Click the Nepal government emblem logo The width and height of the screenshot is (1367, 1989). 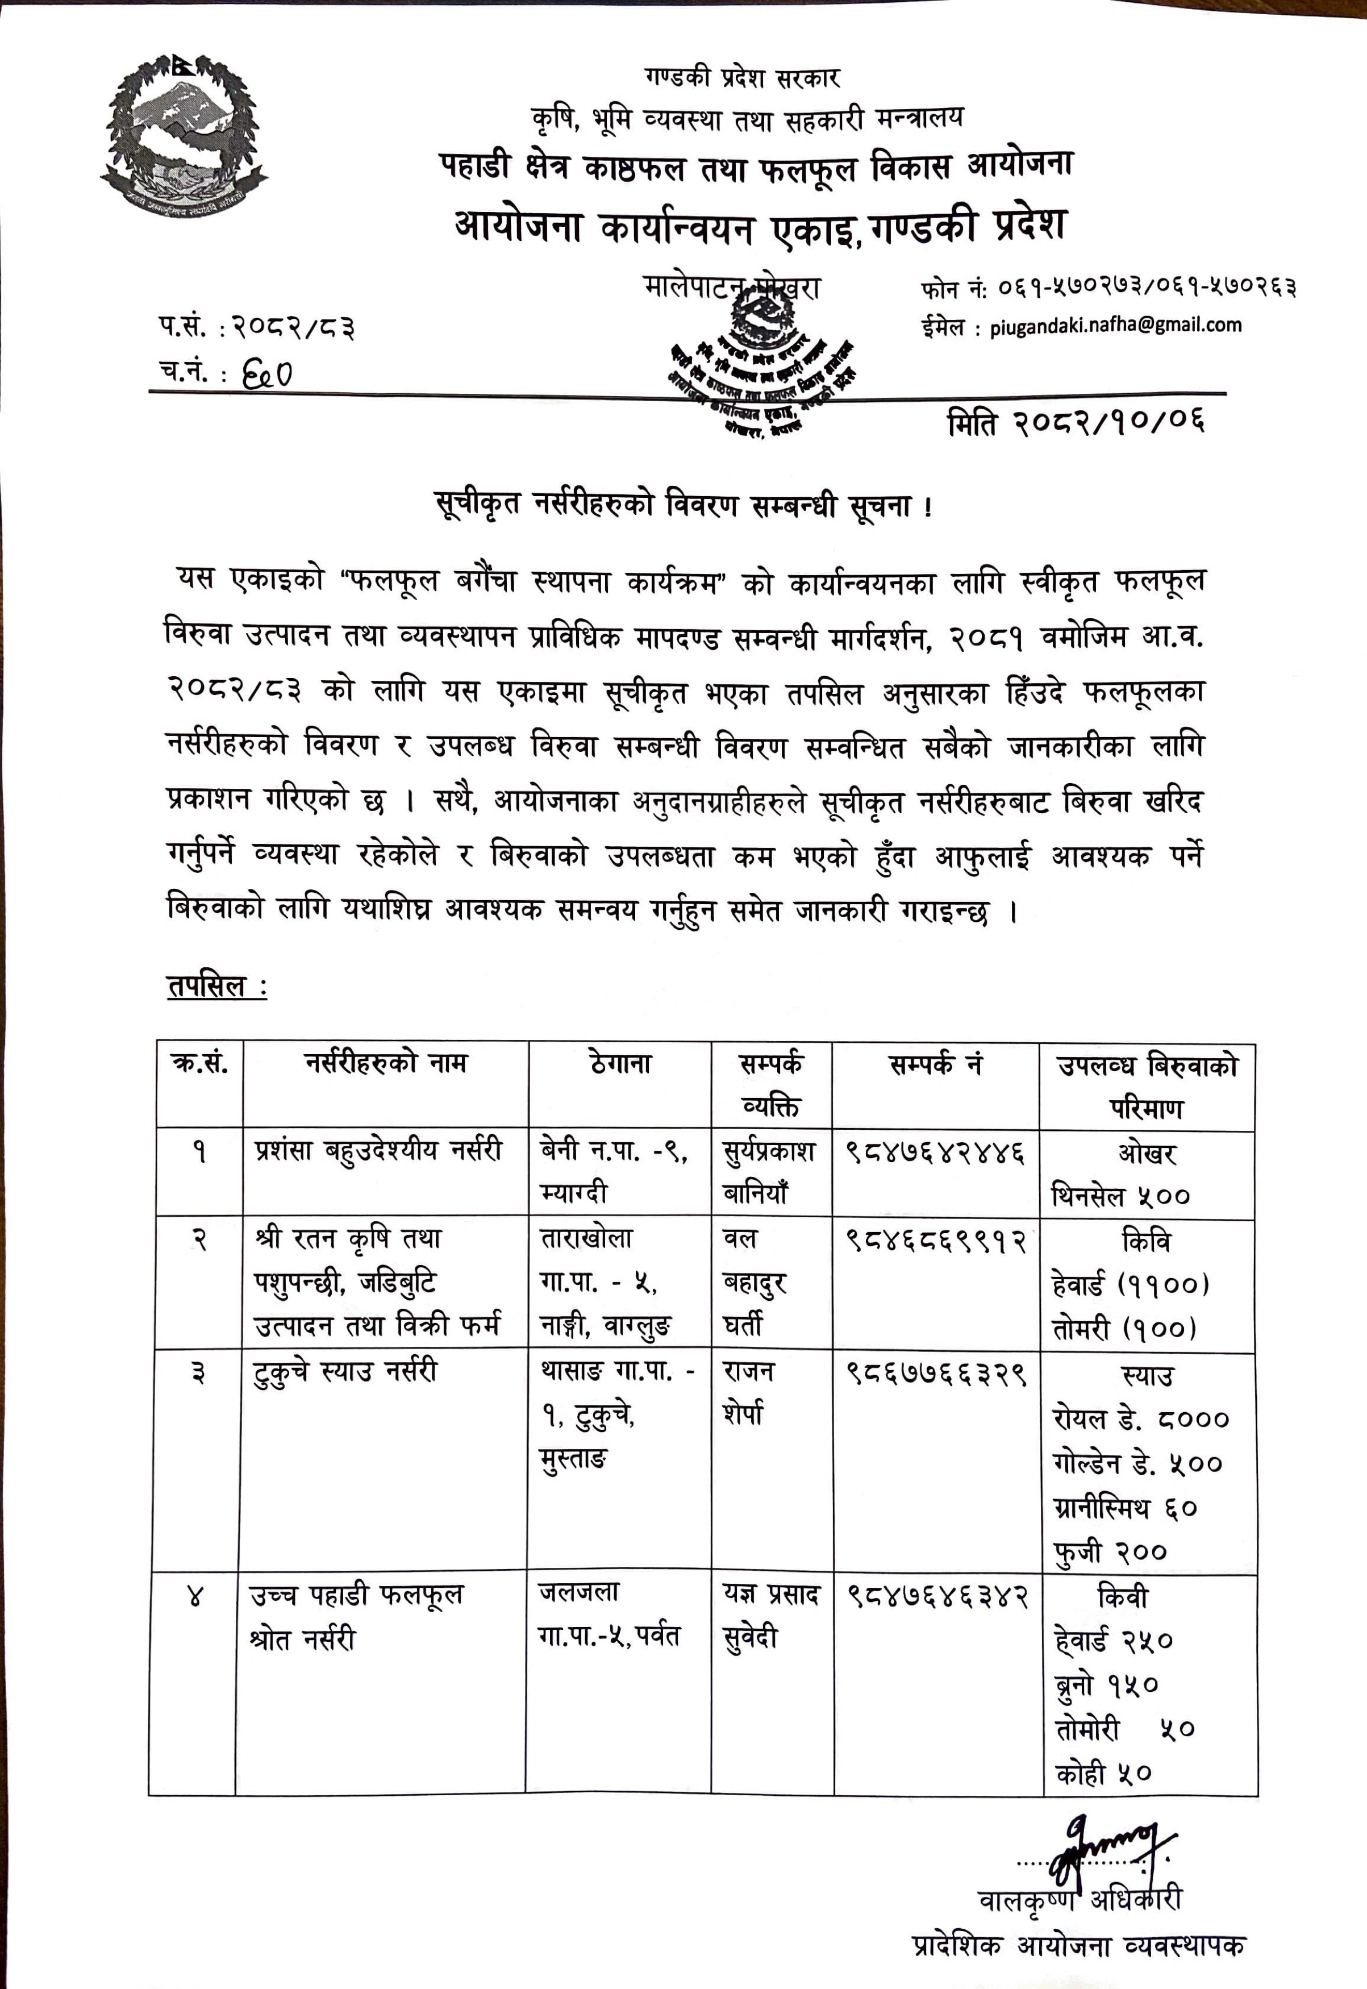(x=184, y=135)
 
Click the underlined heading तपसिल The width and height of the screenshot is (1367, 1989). (x=216, y=986)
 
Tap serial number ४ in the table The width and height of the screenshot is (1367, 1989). (x=196, y=1596)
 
